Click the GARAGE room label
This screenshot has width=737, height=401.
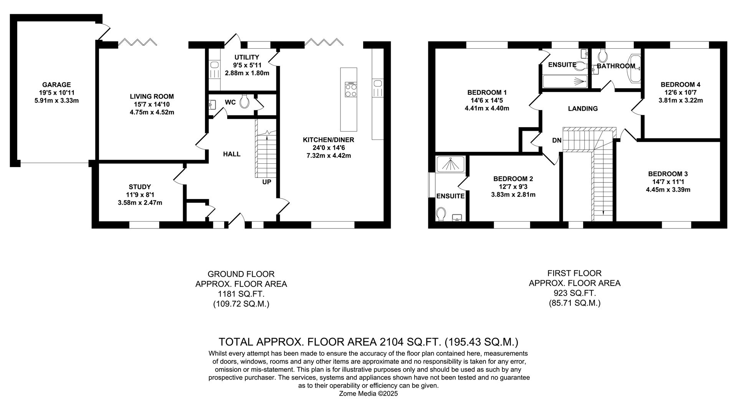[x=56, y=85]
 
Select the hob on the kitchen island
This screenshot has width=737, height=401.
[x=351, y=90]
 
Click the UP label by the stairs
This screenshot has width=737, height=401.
[x=266, y=182]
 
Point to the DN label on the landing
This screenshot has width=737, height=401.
[x=557, y=141]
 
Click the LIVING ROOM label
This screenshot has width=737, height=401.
[x=152, y=97]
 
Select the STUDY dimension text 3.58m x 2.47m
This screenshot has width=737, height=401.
[x=140, y=202]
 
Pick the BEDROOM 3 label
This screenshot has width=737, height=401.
[x=668, y=174]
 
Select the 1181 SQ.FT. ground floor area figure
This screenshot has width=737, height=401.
[x=241, y=294]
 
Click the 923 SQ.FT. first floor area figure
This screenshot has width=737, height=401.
[x=574, y=293]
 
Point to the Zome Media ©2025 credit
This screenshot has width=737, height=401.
[x=368, y=393]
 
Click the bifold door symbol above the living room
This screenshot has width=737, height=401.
[x=137, y=42]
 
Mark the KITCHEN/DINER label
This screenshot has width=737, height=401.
[x=328, y=140]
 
